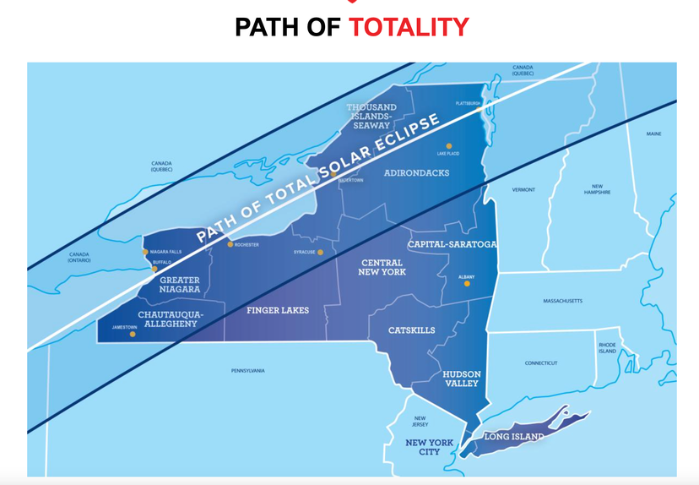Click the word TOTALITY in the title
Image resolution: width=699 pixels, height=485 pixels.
coord(409,27)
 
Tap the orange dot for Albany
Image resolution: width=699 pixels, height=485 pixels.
coord(467,285)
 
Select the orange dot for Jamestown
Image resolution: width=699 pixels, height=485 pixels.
coord(133,335)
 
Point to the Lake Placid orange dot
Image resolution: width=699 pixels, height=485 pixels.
coord(449,146)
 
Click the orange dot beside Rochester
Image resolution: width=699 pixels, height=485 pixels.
coord(230,245)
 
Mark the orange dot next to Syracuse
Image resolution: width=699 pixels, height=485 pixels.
coord(321,252)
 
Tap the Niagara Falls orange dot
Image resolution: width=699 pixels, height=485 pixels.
coord(145,252)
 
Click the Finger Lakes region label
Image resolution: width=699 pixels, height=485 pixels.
coord(278,311)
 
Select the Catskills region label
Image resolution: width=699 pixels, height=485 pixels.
coord(412,330)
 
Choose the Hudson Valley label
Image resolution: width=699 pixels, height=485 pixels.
coord(462,379)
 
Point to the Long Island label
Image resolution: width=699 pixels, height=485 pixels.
coord(513,437)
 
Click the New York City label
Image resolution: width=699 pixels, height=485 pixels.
coord(429,447)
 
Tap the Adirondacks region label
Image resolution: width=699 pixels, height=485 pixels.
coord(416,173)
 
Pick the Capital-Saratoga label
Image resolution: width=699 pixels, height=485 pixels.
coord(452,244)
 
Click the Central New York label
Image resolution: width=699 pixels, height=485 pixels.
coord(383,267)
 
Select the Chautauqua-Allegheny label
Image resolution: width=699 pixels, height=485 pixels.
coord(169,319)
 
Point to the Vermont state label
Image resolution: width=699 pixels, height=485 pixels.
coord(523,190)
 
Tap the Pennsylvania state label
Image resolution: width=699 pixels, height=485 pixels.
coord(247,371)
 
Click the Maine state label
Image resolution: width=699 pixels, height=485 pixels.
coord(654,134)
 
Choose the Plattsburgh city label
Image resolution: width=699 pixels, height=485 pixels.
coord(468,104)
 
